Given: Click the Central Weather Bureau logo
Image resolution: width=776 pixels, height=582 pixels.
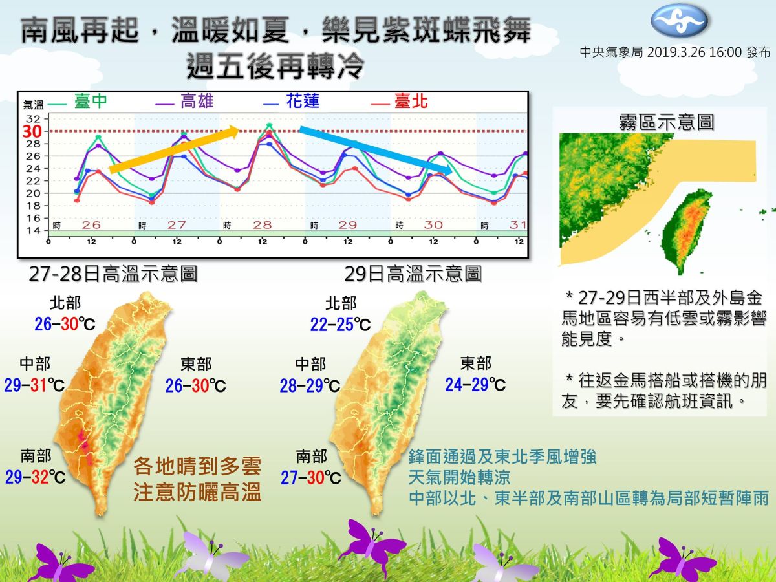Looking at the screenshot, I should tap(678, 21).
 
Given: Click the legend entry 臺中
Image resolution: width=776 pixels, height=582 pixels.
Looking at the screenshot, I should tap(91, 102).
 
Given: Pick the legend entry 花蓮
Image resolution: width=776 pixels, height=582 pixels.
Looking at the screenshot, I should tap(303, 102).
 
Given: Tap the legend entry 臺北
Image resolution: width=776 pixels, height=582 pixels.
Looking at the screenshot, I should tap(411, 102).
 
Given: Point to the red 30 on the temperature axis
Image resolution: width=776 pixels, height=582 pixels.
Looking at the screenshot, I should tap(32, 131).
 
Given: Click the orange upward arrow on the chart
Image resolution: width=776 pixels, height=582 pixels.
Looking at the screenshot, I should tap(175, 151).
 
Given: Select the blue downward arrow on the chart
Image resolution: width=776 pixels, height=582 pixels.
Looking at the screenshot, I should tap(376, 150).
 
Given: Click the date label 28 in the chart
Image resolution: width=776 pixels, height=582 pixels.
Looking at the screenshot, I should tap(262, 225).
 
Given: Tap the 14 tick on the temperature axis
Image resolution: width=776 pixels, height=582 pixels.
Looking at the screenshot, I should tap(32, 231).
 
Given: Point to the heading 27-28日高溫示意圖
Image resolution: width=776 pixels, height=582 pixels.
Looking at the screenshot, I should tap(113, 274).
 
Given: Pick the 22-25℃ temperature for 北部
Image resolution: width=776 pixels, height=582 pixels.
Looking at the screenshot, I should tap(340, 325).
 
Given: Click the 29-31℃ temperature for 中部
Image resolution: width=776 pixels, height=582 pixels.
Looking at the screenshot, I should tap(34, 386).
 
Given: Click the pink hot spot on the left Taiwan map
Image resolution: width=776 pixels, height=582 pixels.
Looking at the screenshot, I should tap(85, 446).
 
